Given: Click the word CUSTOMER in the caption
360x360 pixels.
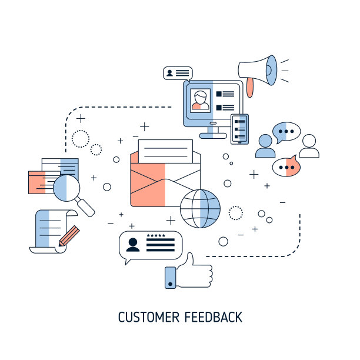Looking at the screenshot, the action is click(149, 317).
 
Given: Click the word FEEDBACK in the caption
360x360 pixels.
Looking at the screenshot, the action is click(214, 317).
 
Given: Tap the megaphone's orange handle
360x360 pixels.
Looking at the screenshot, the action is click(250, 87).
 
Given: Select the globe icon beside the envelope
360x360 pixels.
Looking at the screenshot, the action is click(200, 208).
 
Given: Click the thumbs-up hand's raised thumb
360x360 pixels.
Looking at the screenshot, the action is click(190, 259).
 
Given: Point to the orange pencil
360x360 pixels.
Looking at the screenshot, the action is click(69, 236).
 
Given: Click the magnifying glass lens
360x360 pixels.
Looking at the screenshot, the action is click(66, 188).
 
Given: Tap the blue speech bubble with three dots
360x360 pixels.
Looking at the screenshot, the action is click(286, 132).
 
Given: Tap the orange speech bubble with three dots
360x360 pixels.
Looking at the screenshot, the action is click(286, 166).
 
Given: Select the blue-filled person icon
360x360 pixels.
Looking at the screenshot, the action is click(265, 146).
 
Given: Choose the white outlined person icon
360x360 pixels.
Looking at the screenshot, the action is click(309, 146).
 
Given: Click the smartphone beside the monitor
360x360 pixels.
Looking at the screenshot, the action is click(239, 129).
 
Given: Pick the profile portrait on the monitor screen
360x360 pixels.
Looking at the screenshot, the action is click(201, 101).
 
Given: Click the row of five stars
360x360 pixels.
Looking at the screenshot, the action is click(156, 235).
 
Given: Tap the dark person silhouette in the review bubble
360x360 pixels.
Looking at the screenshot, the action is click(133, 245).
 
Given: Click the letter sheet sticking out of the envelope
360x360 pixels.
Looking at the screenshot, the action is click(165, 151).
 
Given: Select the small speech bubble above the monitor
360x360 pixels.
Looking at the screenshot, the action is click(178, 74).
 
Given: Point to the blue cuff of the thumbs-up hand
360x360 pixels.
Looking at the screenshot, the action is click(171, 278).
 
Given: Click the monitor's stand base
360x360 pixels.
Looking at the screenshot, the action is click(213, 136).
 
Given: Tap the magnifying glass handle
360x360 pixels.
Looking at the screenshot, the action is click(85, 207).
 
